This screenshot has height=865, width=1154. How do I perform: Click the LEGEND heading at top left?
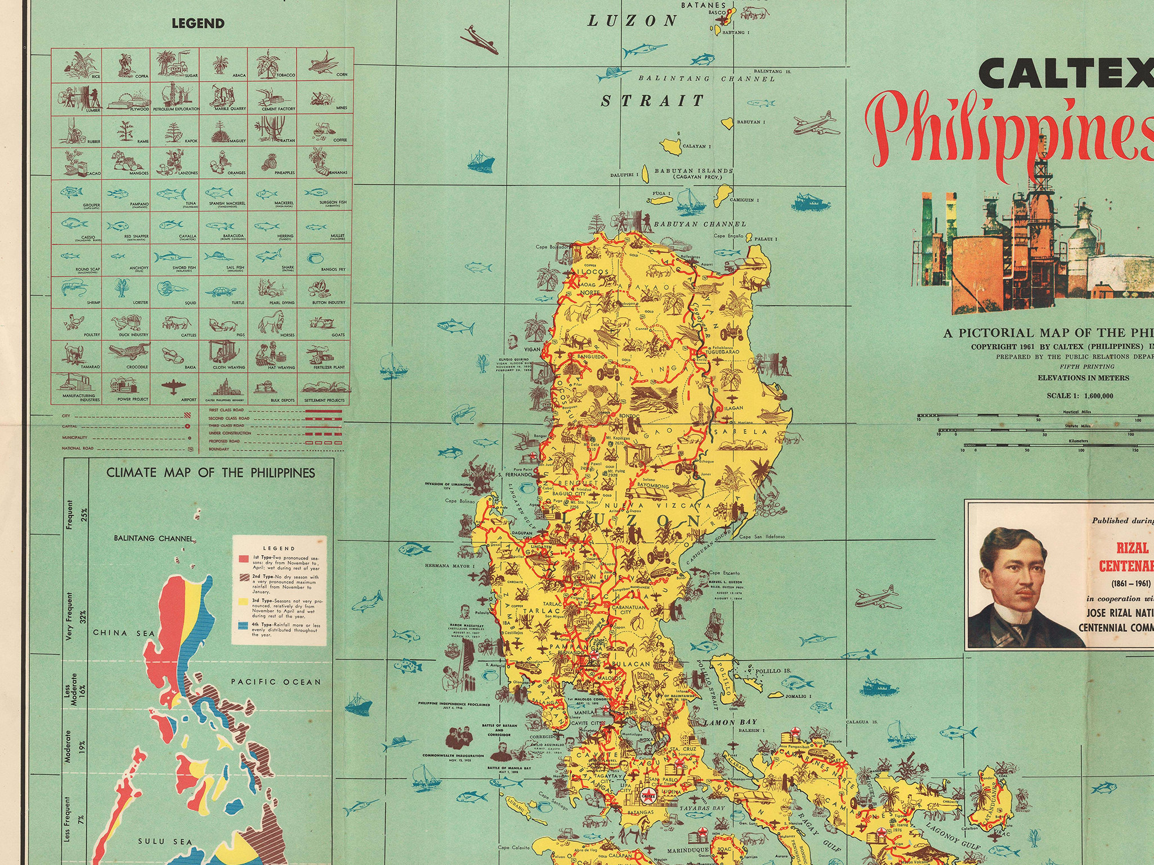pos(198,24)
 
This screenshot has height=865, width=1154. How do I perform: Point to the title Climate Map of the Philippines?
pos(211,473)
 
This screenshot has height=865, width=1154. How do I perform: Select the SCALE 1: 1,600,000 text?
pos(1080,396)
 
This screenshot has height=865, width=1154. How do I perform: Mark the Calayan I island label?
pos(696,146)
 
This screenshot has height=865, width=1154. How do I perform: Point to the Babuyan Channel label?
pos(700,224)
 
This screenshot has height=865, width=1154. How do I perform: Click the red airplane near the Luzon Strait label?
pos(480,40)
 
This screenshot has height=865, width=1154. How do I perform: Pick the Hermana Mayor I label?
pos(450,565)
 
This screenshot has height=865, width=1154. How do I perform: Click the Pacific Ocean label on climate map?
pos(276,682)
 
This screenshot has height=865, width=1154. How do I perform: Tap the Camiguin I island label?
pos(744,200)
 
